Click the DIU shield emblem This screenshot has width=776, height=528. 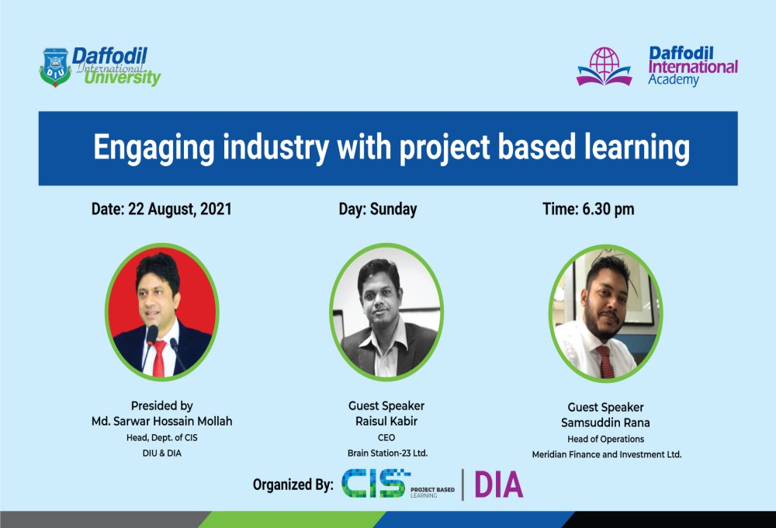click(55, 67)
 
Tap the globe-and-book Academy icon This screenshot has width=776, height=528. click(605, 66)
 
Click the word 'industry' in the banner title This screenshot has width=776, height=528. click(275, 148)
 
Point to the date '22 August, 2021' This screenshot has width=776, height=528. click(180, 209)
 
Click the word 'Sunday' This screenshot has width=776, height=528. click(393, 209)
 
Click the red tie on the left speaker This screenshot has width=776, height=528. click(159, 358)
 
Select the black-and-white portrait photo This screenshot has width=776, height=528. click(386, 312)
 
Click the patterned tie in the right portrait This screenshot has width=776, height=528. click(606, 362)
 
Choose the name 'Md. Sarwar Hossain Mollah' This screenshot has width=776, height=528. click(162, 422)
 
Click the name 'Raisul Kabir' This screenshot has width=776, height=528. click(386, 422)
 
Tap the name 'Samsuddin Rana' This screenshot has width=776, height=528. click(605, 423)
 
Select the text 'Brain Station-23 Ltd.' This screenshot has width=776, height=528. click(387, 453)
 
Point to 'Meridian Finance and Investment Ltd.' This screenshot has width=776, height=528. click(607, 455)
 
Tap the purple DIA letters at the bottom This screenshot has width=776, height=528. click(499, 485)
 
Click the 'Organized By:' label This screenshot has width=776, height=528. click(293, 485)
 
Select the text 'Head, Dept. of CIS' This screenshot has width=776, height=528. click(162, 438)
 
